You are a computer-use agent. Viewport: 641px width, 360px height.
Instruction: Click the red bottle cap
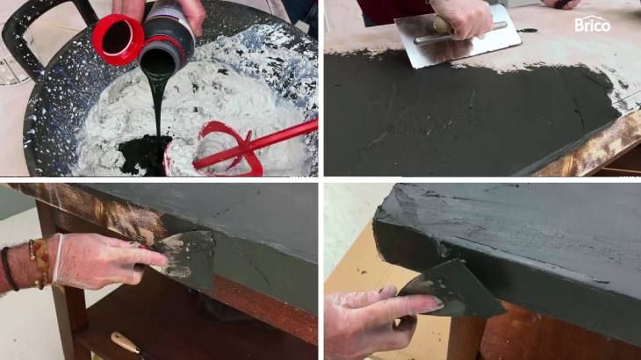coord(118,40)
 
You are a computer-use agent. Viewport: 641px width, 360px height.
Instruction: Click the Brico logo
coord(593,24)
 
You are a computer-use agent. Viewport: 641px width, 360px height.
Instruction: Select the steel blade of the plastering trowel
coord(457,38)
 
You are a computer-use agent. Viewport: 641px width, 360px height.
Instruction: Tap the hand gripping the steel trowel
coord(461,18)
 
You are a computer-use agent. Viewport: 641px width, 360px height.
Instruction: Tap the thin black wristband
coord(9,269)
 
